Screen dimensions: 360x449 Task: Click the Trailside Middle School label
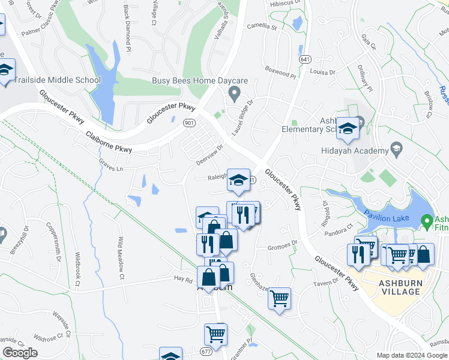(x=57, y=80)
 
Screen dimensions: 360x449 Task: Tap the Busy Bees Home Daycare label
(x=199, y=81)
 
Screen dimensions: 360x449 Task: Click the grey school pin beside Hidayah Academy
(x=396, y=148)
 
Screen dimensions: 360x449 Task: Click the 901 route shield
(x=190, y=123)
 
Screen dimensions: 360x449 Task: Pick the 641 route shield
(x=305, y=59)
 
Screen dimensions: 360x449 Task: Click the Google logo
(x=20, y=353)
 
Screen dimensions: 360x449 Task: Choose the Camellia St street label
(x=262, y=26)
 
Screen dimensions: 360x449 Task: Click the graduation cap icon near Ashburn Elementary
(x=348, y=128)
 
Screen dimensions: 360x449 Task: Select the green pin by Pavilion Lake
(x=427, y=222)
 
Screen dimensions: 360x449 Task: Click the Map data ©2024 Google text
(x=412, y=355)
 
